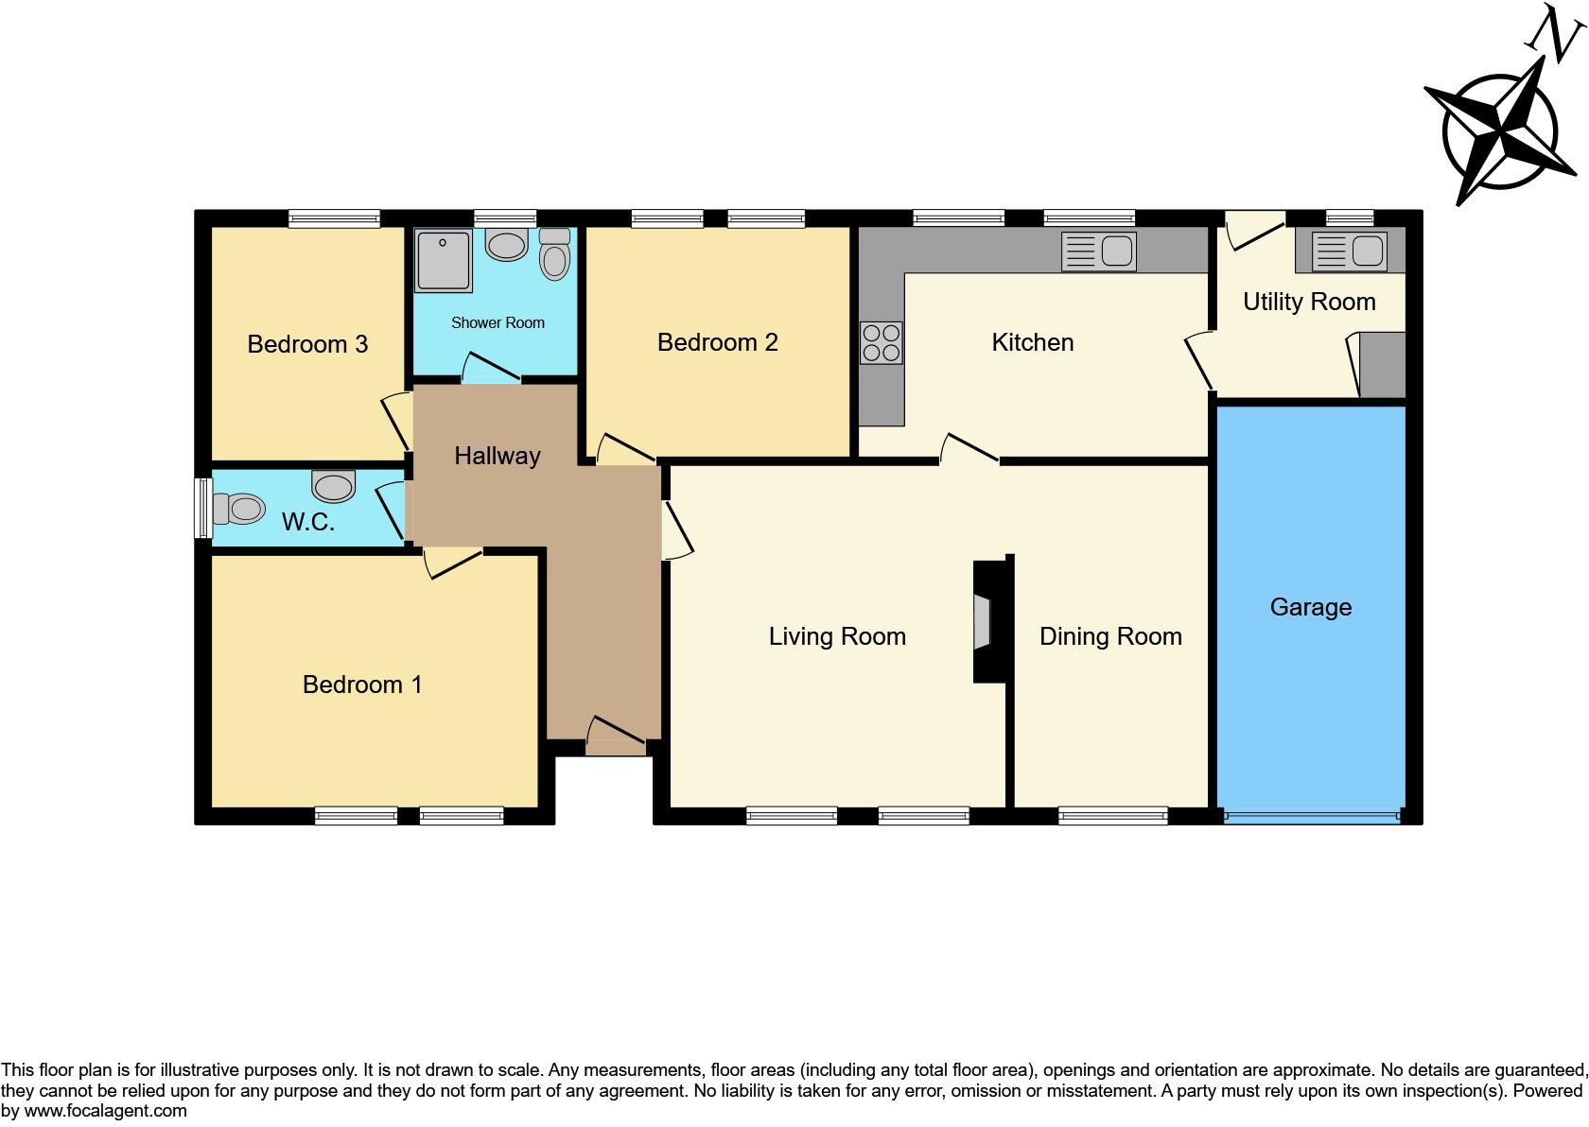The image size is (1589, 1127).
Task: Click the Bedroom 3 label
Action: tap(307, 344)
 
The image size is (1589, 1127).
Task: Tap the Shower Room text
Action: tap(498, 323)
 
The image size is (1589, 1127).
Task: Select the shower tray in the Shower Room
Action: tap(443, 261)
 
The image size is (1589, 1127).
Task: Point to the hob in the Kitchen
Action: tap(881, 343)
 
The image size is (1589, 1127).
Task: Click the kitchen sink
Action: tap(1098, 251)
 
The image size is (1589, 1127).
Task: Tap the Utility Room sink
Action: tap(1349, 251)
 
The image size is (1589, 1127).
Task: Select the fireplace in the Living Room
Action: tap(984, 622)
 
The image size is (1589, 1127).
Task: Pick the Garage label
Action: tap(1310, 607)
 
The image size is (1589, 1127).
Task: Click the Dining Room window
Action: tap(1113, 816)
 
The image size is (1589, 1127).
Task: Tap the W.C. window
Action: tap(202, 509)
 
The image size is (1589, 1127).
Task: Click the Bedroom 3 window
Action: tap(334, 218)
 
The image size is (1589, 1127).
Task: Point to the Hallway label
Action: tap(497, 456)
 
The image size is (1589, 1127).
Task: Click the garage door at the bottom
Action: tap(1311, 816)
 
